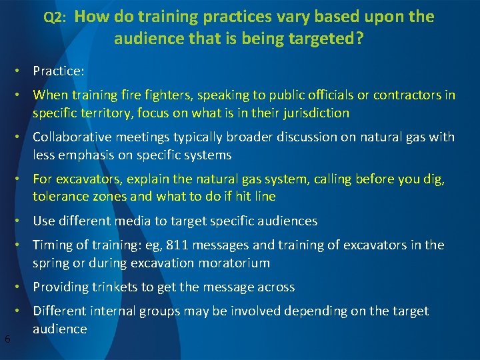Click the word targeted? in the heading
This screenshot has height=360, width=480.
(327, 39)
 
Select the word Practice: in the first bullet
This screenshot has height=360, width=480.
(58, 70)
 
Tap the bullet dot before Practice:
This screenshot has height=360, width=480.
(23, 70)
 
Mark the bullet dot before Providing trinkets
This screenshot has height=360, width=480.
(23, 287)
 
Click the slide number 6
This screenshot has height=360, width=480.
(7, 339)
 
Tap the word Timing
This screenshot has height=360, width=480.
(53, 245)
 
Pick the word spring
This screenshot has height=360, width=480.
(51, 263)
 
